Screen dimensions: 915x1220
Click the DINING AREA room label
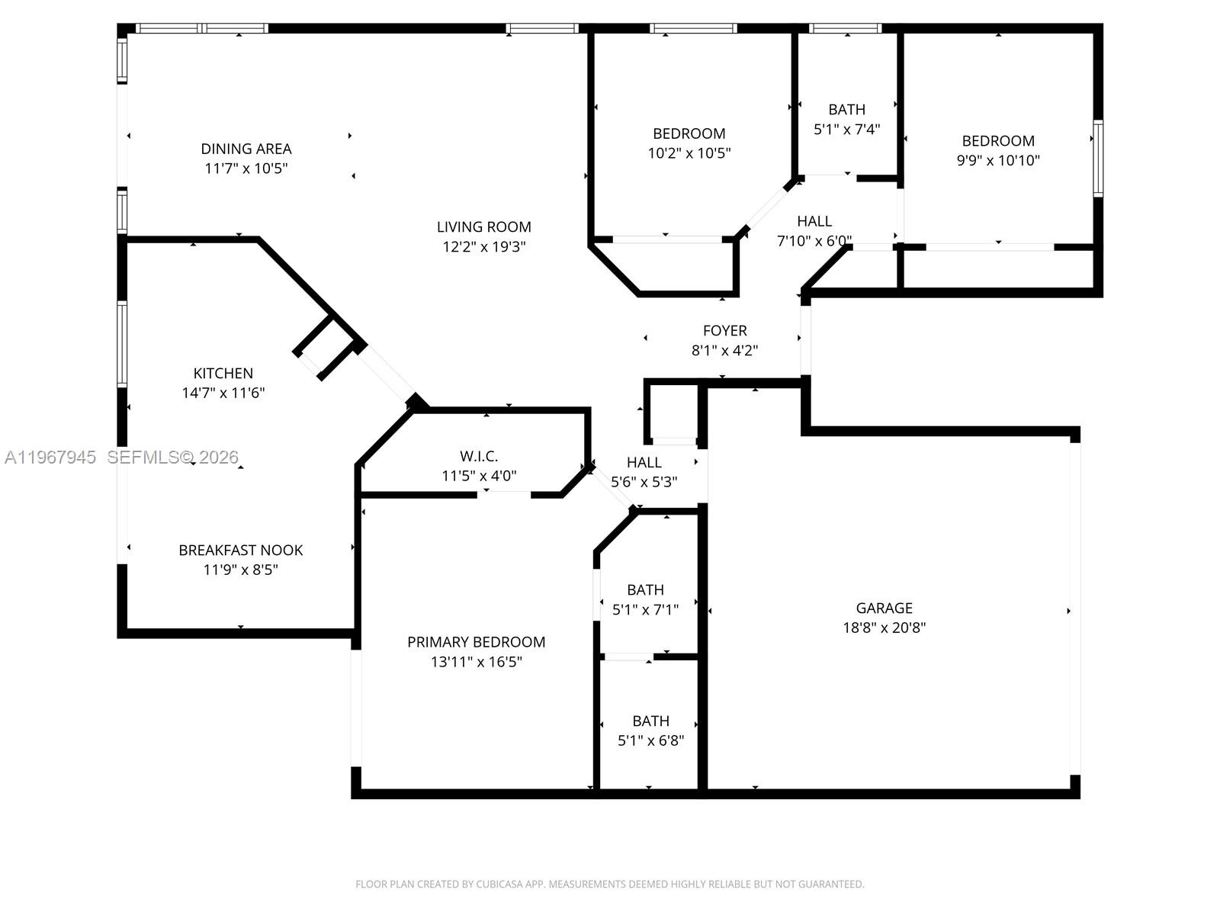pos(246,149)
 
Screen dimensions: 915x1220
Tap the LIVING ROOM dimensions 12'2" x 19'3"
pos(483,246)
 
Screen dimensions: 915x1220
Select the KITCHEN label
pos(223,373)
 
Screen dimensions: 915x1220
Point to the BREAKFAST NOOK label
pos(240,550)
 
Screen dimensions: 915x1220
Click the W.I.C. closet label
pos(479,456)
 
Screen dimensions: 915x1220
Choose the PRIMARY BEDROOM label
pos(476,642)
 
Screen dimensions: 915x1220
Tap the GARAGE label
pos(884,608)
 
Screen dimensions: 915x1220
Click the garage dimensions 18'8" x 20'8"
pos(884,628)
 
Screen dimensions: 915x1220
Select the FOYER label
pos(724,330)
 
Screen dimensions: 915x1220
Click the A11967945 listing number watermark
pos(50,457)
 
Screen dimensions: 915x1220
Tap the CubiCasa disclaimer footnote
pos(609,884)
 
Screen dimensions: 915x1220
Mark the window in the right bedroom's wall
pos(1098,158)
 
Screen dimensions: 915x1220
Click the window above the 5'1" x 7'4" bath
pos(845,29)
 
